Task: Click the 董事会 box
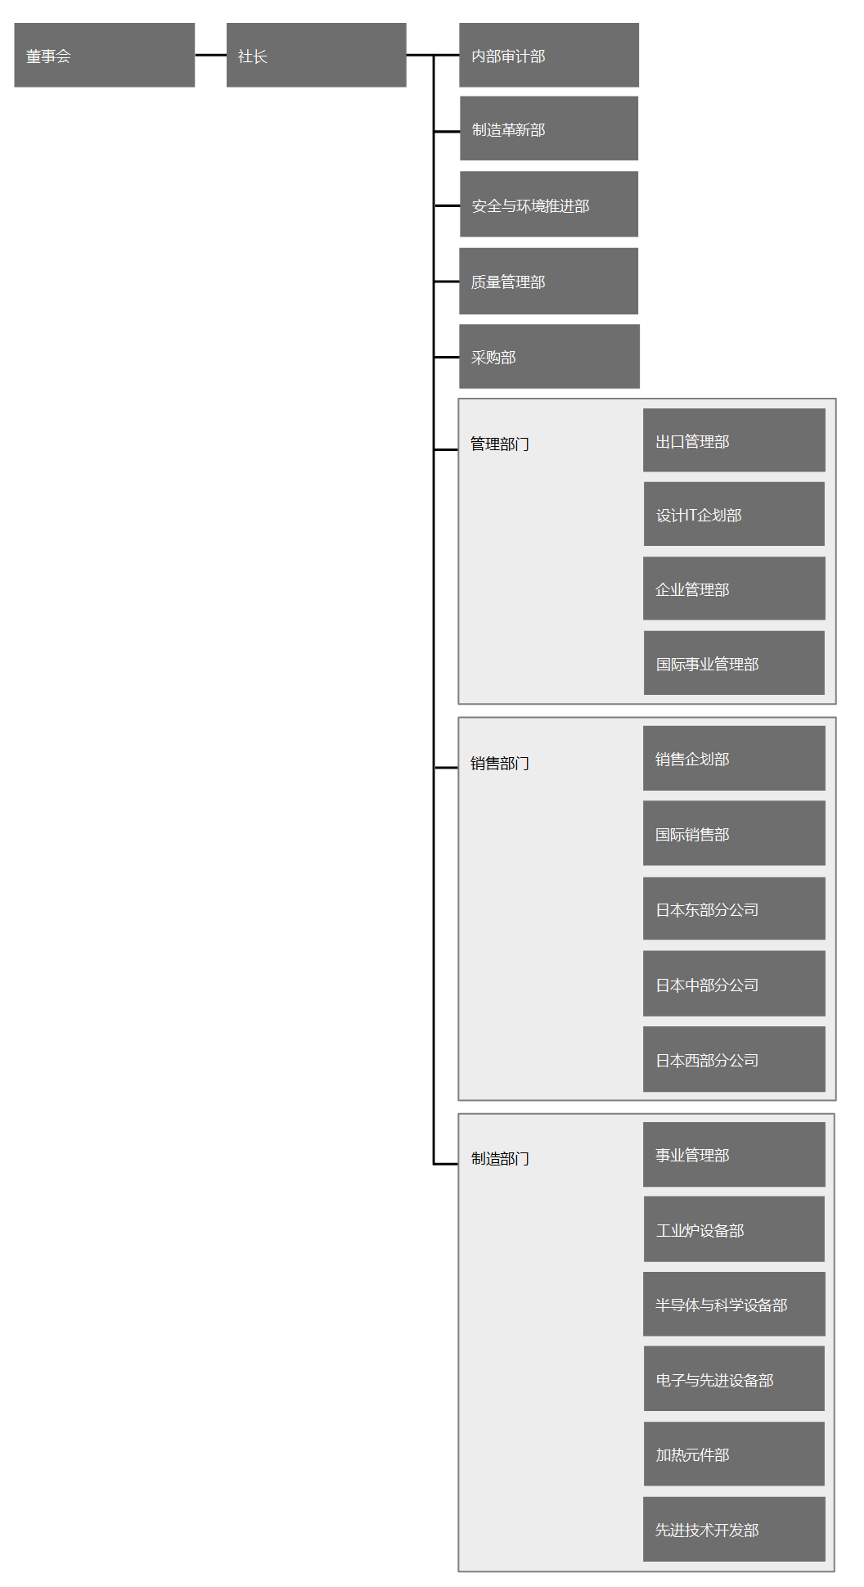pyautogui.click(x=105, y=55)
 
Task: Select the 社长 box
pyautogui.click(x=317, y=55)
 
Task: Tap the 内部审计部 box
pyautogui.click(x=549, y=55)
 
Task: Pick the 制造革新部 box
pyautogui.click(x=549, y=128)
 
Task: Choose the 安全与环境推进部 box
pyautogui.click(x=549, y=204)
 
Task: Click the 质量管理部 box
pyautogui.click(x=549, y=281)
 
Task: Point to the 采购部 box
pyautogui.click(x=549, y=356)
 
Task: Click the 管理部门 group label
pyautogui.click(x=500, y=444)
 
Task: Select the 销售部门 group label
pyautogui.click(x=500, y=764)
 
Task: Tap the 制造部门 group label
pyautogui.click(x=500, y=1159)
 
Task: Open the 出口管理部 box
pyautogui.click(x=734, y=440)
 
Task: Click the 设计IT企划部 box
pyautogui.click(x=734, y=514)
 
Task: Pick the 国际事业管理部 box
pyautogui.click(x=734, y=663)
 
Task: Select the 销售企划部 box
pyautogui.click(x=734, y=758)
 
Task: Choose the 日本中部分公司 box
pyautogui.click(x=734, y=984)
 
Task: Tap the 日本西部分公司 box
pyautogui.click(x=734, y=1059)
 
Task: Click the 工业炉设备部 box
pyautogui.click(x=734, y=1229)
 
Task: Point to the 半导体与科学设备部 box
pyautogui.click(x=734, y=1304)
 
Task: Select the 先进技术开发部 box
pyautogui.click(x=734, y=1529)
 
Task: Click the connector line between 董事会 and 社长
pyautogui.click(x=210, y=55)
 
